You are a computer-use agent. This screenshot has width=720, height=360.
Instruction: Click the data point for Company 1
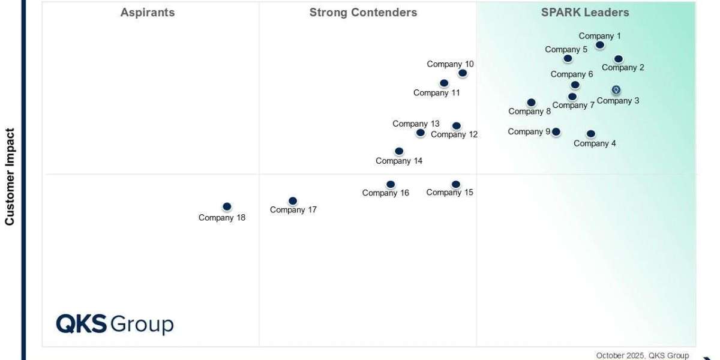tap(600, 45)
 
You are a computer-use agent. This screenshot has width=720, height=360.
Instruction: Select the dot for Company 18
tap(227, 206)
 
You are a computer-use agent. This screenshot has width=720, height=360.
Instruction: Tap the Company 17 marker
tap(293, 201)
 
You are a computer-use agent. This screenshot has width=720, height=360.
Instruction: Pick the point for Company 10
tap(463, 73)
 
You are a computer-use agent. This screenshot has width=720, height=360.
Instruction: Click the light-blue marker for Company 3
tap(616, 90)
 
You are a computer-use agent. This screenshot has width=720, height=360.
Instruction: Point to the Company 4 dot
tap(591, 134)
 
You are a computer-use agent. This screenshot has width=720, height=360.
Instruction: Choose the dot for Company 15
tap(456, 184)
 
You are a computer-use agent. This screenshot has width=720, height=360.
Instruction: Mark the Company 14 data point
tap(399, 151)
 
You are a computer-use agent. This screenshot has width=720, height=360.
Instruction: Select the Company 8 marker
tap(531, 103)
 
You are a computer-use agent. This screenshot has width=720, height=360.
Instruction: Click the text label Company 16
tap(386, 193)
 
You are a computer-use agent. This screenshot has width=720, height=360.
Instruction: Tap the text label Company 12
tap(454, 134)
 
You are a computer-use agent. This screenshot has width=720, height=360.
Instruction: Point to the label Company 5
tap(566, 50)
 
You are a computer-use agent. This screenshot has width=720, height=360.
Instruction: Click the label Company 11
tap(437, 93)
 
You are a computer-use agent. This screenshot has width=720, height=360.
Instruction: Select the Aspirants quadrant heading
tap(148, 13)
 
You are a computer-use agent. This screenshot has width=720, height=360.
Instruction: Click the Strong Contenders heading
tap(363, 13)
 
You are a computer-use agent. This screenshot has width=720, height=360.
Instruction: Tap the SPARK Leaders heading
tap(586, 13)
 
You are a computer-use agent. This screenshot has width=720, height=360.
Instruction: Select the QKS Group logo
tap(115, 324)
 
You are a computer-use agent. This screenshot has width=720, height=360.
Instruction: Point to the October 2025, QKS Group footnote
tap(642, 355)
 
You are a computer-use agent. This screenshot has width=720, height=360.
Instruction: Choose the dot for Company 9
tap(556, 132)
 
